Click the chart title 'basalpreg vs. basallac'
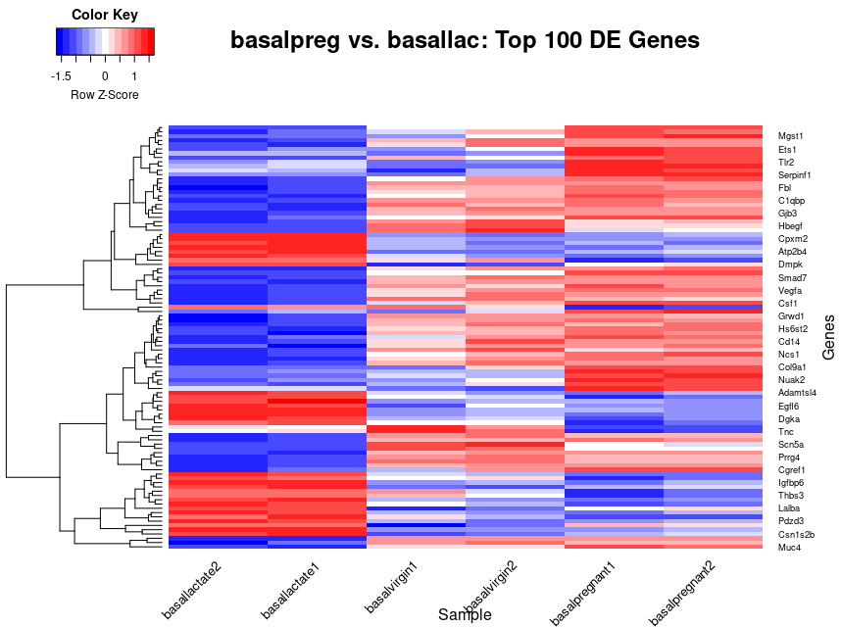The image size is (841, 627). [465, 41]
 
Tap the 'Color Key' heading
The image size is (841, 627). [105, 15]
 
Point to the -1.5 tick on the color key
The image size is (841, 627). [61, 74]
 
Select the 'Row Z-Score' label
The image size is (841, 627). [105, 95]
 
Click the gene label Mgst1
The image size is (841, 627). [791, 136]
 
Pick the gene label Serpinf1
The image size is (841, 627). [795, 174]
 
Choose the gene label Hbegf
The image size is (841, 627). [791, 226]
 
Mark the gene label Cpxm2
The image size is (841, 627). [793, 239]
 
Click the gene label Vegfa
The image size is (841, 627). [791, 291]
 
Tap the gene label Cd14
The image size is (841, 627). [790, 342]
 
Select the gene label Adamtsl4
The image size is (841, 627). [797, 393]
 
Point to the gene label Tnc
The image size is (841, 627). [786, 432]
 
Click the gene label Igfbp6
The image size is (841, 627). [792, 483]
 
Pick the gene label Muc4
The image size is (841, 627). [790, 548]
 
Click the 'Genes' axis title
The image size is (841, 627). [828, 337]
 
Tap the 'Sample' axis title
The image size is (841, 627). [465, 614]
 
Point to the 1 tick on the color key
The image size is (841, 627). [134, 74]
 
